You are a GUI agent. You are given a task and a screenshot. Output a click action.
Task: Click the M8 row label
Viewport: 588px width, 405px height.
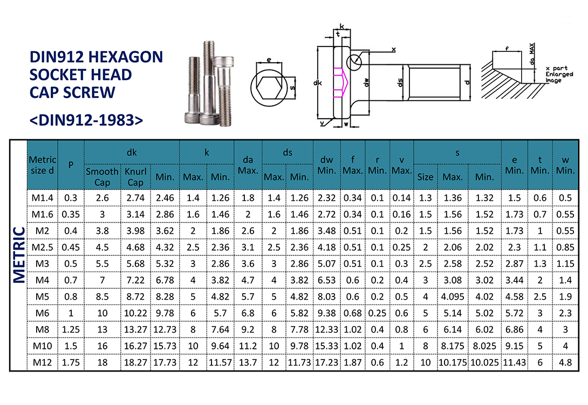click(x=42, y=329)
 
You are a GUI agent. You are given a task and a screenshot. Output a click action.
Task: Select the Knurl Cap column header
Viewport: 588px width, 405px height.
click(x=135, y=177)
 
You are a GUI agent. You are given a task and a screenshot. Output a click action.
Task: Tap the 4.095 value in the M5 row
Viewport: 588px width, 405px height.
click(x=452, y=296)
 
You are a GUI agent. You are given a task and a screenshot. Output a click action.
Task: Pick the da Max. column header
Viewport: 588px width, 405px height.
click(x=248, y=165)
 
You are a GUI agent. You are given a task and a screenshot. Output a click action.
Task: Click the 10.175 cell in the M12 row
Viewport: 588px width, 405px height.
click(x=452, y=362)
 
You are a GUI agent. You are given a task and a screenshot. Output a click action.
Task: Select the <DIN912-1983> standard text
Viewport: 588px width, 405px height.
click(x=86, y=120)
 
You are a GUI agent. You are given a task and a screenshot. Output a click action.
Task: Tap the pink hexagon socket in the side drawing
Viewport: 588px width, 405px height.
click(x=341, y=83)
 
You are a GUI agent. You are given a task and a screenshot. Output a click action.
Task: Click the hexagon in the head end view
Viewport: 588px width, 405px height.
click(x=270, y=88)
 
